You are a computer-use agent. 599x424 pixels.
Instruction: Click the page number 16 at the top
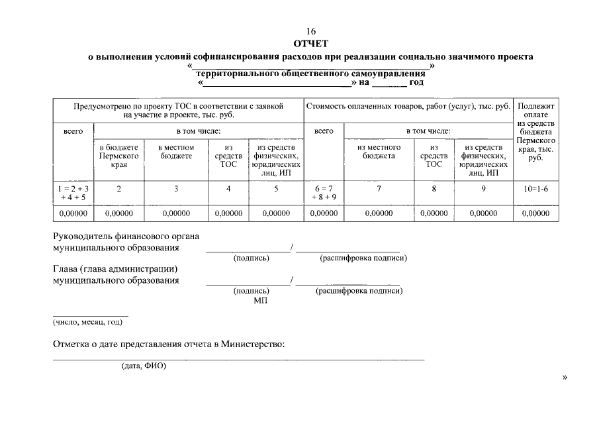(310, 32)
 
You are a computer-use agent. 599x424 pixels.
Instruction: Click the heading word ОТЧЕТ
(310, 44)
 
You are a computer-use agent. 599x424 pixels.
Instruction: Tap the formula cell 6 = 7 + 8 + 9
(324, 193)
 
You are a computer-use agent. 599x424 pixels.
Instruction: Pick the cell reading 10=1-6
(535, 189)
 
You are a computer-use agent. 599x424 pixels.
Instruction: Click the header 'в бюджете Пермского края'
(119, 156)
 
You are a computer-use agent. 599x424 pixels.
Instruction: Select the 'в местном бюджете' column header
(176, 152)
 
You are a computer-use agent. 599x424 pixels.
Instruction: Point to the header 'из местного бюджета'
(379, 152)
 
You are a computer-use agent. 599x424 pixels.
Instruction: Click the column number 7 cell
(379, 189)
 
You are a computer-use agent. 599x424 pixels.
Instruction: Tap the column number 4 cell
(228, 189)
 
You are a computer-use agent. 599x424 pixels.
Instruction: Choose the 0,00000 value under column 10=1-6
(535, 214)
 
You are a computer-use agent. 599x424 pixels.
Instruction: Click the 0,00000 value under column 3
(176, 214)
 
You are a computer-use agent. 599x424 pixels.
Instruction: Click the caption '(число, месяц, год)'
(87, 323)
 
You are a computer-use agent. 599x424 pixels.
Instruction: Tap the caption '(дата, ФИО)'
(144, 366)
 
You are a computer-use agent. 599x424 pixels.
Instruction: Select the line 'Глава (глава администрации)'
(116, 269)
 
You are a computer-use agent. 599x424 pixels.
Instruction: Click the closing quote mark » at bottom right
(564, 378)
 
